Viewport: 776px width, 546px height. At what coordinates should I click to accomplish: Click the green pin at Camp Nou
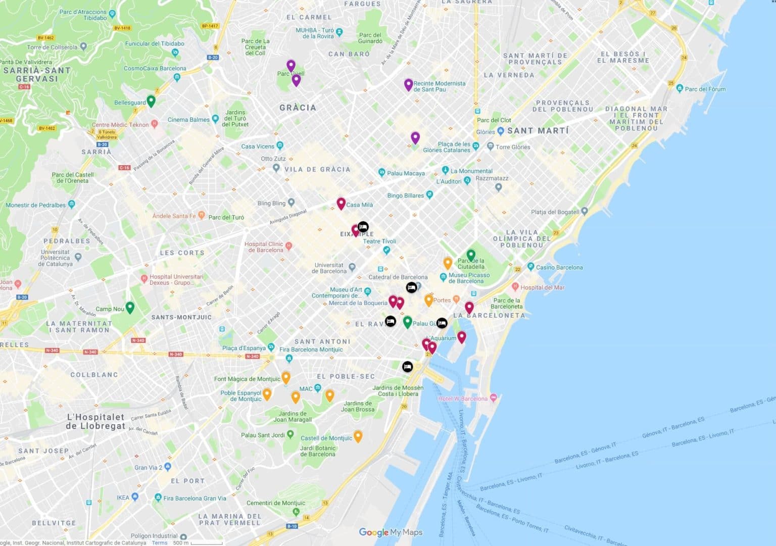click(x=130, y=307)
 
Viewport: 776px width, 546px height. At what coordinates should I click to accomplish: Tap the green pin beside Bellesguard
click(x=151, y=101)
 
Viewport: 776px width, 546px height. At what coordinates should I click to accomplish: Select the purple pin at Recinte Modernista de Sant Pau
click(x=408, y=84)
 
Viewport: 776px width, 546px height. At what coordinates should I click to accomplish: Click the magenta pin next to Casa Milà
click(x=341, y=203)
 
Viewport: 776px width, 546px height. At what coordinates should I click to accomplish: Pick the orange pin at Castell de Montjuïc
click(x=358, y=436)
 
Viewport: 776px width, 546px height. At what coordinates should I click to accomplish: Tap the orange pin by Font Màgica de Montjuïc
click(x=286, y=377)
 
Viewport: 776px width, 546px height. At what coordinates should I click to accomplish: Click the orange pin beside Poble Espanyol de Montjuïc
click(x=267, y=393)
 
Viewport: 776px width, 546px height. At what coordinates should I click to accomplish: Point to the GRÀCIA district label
click(x=298, y=108)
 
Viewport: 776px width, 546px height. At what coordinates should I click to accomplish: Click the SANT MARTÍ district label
click(x=538, y=131)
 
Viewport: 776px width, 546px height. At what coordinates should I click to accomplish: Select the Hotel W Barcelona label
click(x=463, y=399)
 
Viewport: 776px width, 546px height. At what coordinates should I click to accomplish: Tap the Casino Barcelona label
click(x=559, y=267)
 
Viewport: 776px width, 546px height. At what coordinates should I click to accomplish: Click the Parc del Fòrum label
click(x=705, y=89)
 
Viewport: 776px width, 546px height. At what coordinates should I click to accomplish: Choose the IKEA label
click(x=123, y=497)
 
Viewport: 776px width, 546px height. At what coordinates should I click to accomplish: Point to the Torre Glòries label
click(x=513, y=147)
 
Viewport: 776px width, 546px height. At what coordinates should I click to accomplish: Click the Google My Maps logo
click(x=390, y=532)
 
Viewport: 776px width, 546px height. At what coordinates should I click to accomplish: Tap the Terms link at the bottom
click(x=160, y=542)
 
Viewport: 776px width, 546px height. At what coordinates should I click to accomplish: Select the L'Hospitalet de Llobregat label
click(x=95, y=421)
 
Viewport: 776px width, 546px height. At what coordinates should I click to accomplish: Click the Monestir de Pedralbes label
click(x=36, y=205)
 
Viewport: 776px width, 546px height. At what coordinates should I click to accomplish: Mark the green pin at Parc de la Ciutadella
click(x=471, y=255)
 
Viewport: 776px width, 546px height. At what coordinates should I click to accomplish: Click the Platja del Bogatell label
click(x=555, y=212)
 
